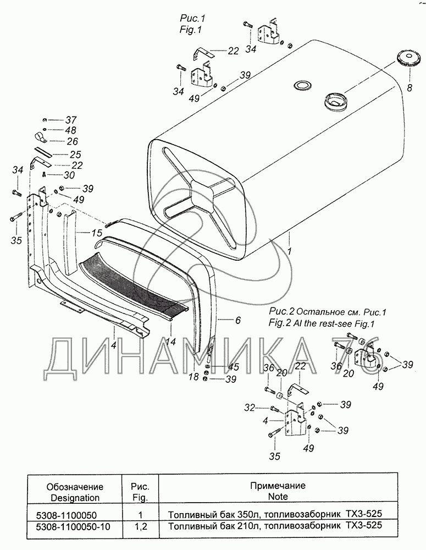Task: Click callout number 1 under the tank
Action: coord(288,250)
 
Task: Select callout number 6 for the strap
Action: coord(237,320)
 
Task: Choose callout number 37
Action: coord(72,120)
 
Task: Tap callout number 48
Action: coord(72,130)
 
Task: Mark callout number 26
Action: coord(72,141)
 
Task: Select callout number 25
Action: coord(75,155)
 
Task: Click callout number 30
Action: coord(69,175)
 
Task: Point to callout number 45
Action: coord(234,367)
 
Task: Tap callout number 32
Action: coord(250,408)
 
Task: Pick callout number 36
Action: coord(268,368)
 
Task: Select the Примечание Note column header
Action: coord(278,491)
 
